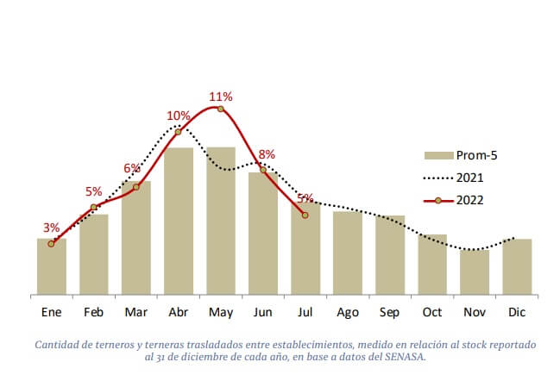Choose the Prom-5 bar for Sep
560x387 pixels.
tap(389, 255)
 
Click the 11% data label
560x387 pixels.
tap(221, 97)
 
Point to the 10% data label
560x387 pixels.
tap(179, 115)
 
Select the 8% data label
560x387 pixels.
tap(267, 154)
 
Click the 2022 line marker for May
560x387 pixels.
tap(220, 109)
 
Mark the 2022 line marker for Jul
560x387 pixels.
tap(305, 215)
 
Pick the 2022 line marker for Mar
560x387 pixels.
tap(136, 186)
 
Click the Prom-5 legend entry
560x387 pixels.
tap(461, 155)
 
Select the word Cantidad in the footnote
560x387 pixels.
tap(59, 345)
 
